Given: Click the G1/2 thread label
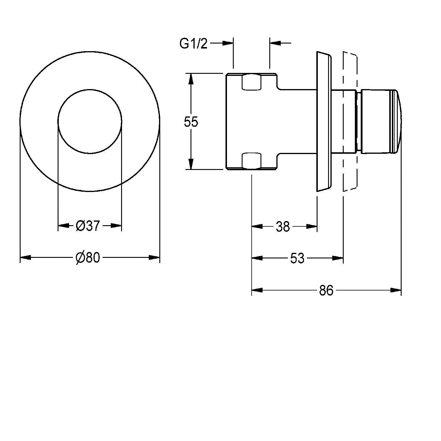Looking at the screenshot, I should [x=193, y=44].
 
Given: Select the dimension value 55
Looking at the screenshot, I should [x=191, y=121].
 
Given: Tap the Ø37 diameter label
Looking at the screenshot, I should [x=88, y=226].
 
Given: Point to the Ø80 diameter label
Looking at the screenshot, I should [x=88, y=258].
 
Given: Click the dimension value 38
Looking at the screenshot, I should [x=283, y=227].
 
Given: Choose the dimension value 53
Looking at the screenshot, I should [x=297, y=258].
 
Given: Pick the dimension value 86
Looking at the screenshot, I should [x=326, y=290].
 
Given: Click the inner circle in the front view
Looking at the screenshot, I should [x=90, y=122].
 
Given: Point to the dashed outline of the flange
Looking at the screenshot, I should [x=350, y=121].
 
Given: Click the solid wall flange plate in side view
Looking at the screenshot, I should [x=324, y=121].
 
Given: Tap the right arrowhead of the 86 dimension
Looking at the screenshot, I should [x=396, y=290].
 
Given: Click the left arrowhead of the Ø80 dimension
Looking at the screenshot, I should [x=25, y=258].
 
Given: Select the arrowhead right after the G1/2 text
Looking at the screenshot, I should [x=228, y=43].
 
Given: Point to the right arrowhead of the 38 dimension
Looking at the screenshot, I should [x=312, y=226].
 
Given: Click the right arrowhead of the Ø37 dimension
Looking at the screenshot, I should [x=116, y=225].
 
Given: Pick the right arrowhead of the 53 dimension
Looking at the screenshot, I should [x=338, y=258].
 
